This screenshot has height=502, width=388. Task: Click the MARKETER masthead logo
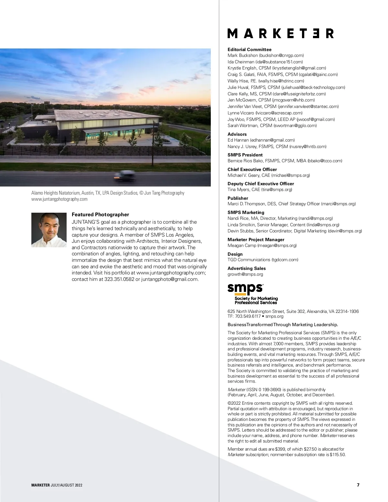pyautogui.click(x=280, y=33)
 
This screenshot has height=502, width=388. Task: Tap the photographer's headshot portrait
pyautogui.click(x=49, y=230)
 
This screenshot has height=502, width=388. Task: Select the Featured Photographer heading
pyautogui.click(x=100, y=215)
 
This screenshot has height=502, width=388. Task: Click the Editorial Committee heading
pyautogui.click(x=249, y=49)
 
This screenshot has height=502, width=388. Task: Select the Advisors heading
pyautogui.click(x=237, y=134)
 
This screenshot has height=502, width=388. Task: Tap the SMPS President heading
pyautogui.click(x=245, y=155)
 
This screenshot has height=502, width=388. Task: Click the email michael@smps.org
pyautogui.click(x=290, y=175)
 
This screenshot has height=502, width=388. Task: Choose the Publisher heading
pyautogui.click(x=238, y=198)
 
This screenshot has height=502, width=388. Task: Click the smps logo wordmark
pyautogui.click(x=245, y=288)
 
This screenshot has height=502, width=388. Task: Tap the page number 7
pyautogui.click(x=358, y=485)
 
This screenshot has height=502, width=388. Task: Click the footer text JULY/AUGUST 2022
pyautogui.click(x=66, y=485)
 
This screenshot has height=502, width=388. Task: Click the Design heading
pyautogui.click(x=235, y=254)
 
